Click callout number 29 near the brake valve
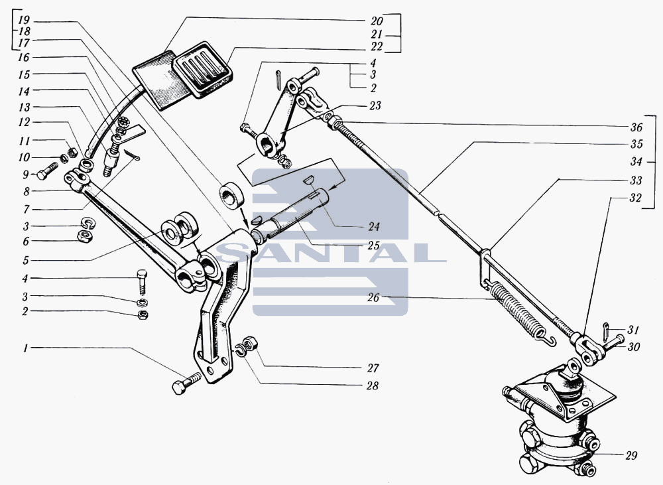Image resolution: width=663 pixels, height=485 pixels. pyautogui.click(x=631, y=456)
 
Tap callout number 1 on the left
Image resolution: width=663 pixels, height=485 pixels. pyautogui.click(x=26, y=349)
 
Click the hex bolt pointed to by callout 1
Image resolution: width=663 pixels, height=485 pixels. pyautogui.click(x=186, y=383)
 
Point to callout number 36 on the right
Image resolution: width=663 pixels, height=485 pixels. pyautogui.click(x=636, y=127)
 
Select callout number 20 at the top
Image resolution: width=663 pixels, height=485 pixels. pyautogui.click(x=377, y=21)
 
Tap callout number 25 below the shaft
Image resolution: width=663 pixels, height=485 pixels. pyautogui.click(x=373, y=245)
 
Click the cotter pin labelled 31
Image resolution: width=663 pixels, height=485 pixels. pyautogui.click(x=606, y=327)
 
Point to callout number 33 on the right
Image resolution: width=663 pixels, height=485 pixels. pyautogui.click(x=636, y=180)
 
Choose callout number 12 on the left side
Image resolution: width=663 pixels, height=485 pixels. pyautogui.click(x=24, y=122)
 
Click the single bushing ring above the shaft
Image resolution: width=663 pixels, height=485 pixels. pyautogui.click(x=231, y=194)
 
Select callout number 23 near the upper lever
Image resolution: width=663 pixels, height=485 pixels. pyautogui.click(x=375, y=105)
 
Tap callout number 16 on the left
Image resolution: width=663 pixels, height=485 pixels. pyautogui.click(x=24, y=57)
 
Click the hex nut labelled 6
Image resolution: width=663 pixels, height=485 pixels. pyautogui.click(x=86, y=236)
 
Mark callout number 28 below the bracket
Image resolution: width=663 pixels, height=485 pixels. pyautogui.click(x=373, y=385)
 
